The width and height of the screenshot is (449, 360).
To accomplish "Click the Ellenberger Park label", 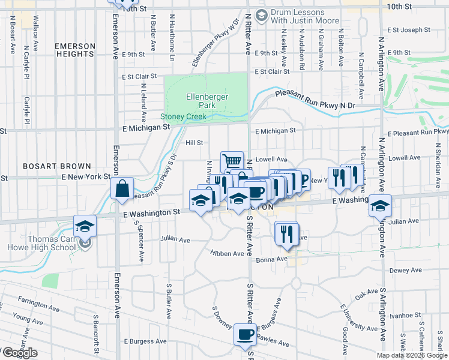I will (x=200, y=100).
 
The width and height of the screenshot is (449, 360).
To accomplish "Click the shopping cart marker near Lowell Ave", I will (x=232, y=161).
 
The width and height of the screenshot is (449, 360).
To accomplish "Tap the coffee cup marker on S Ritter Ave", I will (x=245, y=334).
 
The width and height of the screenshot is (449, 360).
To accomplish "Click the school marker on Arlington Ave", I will (x=379, y=205).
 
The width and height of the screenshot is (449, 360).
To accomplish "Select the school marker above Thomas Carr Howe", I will (x=85, y=226).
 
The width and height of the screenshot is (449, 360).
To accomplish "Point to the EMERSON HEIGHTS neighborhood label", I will (x=74, y=50).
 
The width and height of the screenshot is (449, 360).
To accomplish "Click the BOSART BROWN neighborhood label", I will (x=57, y=166).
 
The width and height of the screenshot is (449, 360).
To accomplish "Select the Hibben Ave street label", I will (x=227, y=253).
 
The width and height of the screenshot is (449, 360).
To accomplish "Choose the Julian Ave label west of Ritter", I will (x=175, y=240).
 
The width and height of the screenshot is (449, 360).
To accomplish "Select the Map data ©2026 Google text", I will (x=412, y=355).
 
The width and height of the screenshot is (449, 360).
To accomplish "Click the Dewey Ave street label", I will (x=403, y=271).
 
